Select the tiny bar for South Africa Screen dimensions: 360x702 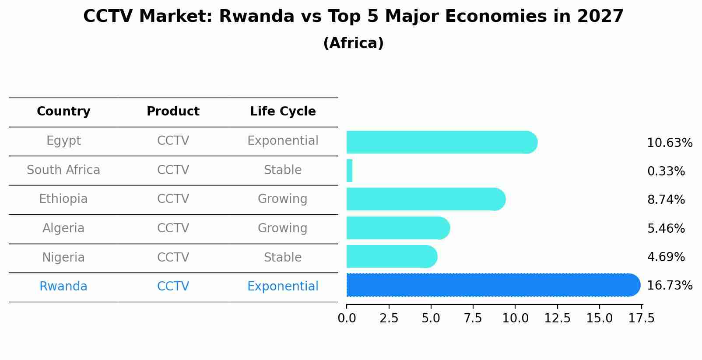click(x=349, y=171)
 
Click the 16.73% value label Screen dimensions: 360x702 click(x=669, y=286)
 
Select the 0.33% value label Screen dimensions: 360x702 click(x=666, y=171)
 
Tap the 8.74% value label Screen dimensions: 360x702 click(x=666, y=200)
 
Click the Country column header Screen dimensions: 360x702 click(x=63, y=112)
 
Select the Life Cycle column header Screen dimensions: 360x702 click(x=283, y=112)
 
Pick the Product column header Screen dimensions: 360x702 click(x=173, y=112)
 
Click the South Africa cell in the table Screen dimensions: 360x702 click(x=63, y=170)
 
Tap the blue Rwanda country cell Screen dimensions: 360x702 click(x=63, y=287)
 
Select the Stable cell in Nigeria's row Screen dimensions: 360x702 click(x=283, y=258)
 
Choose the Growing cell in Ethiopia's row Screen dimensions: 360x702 click(x=283, y=199)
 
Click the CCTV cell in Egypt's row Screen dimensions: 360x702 click(x=173, y=141)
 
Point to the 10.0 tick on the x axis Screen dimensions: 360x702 click(x=515, y=318)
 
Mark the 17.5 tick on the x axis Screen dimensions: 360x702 click(x=642, y=318)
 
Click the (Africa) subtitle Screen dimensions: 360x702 click(x=353, y=43)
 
